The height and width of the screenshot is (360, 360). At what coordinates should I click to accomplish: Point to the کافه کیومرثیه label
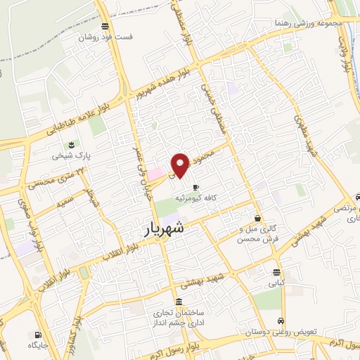205,199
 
